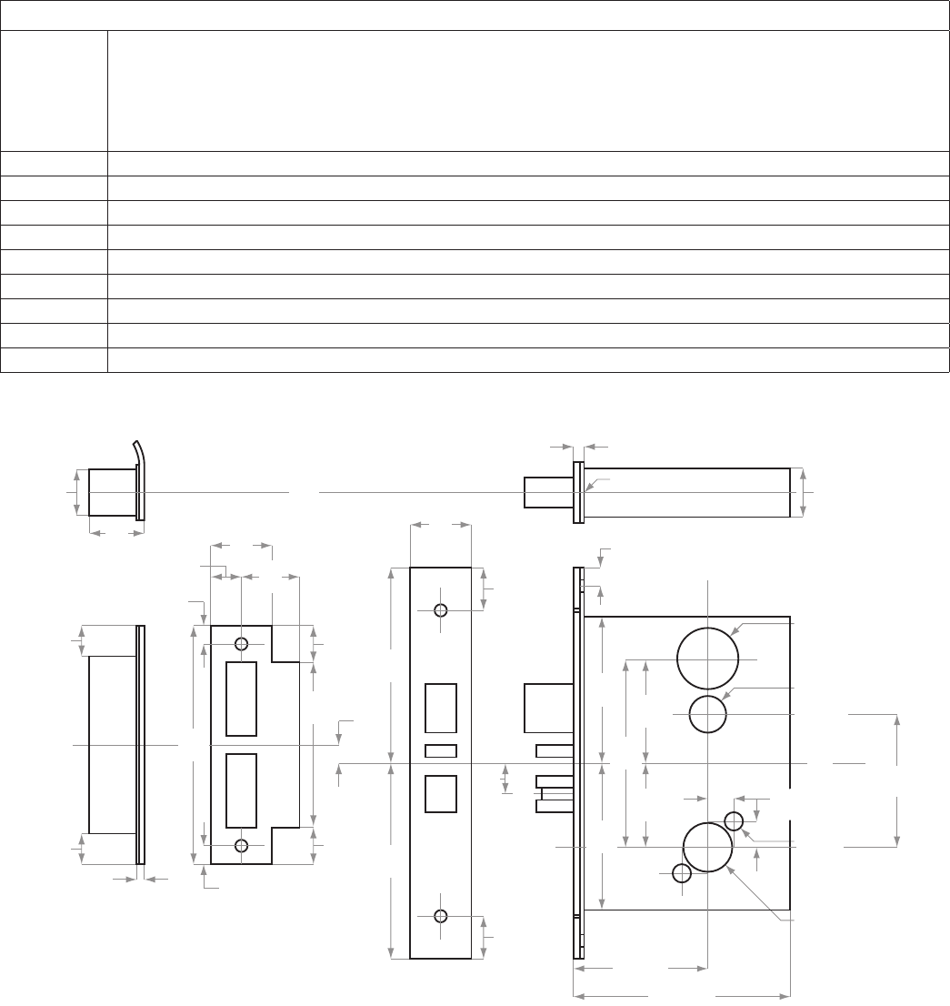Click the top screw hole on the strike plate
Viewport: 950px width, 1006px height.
241,644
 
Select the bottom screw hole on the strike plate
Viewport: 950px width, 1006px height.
241,846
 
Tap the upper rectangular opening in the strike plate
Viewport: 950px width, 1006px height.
241,699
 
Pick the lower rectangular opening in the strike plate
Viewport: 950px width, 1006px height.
241,791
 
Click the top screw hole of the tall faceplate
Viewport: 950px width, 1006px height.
441,609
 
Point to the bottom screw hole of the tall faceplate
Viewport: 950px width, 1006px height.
441,915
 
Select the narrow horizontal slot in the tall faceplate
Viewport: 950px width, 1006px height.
441,750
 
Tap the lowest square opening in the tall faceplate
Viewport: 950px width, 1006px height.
441,792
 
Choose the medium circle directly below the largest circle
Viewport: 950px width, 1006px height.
707,714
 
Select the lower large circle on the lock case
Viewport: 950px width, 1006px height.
707,847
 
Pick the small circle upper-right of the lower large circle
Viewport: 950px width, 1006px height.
735,821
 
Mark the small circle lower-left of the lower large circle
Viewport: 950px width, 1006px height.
682,873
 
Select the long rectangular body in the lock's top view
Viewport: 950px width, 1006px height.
685,492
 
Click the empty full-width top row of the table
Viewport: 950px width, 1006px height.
475,15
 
